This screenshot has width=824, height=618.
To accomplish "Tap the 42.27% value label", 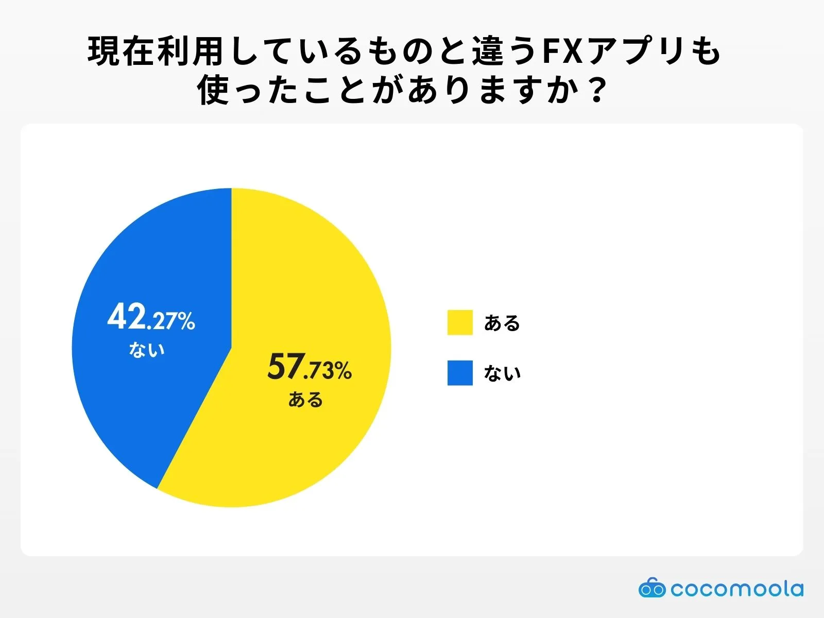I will [x=151, y=318].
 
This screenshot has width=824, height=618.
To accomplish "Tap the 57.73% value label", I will [x=310, y=368].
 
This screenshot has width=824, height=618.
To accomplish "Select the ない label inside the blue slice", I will [x=147, y=350].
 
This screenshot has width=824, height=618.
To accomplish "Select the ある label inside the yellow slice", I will [x=305, y=400].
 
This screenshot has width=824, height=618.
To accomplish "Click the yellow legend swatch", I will [x=460, y=322].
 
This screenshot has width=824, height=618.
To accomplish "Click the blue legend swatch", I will [x=460, y=373].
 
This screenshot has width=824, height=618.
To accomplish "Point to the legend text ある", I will [x=502, y=323].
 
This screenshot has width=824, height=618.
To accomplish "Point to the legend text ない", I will [x=502, y=373].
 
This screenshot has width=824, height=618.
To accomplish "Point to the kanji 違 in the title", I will [x=488, y=51].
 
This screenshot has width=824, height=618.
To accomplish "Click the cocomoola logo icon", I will [x=652, y=588].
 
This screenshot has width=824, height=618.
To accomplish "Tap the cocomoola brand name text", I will [x=737, y=588].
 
